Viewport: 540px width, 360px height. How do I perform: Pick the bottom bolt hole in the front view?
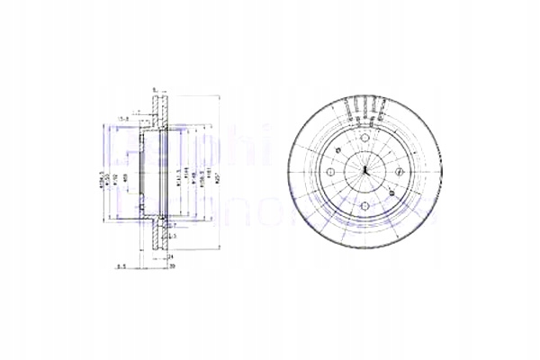pos(364,206)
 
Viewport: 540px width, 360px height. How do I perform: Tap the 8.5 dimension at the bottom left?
pos(121,265)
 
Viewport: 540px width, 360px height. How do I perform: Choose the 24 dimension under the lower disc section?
pos(168,256)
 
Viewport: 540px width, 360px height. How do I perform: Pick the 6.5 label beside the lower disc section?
pos(170,236)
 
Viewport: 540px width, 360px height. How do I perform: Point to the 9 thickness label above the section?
pos(154,88)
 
